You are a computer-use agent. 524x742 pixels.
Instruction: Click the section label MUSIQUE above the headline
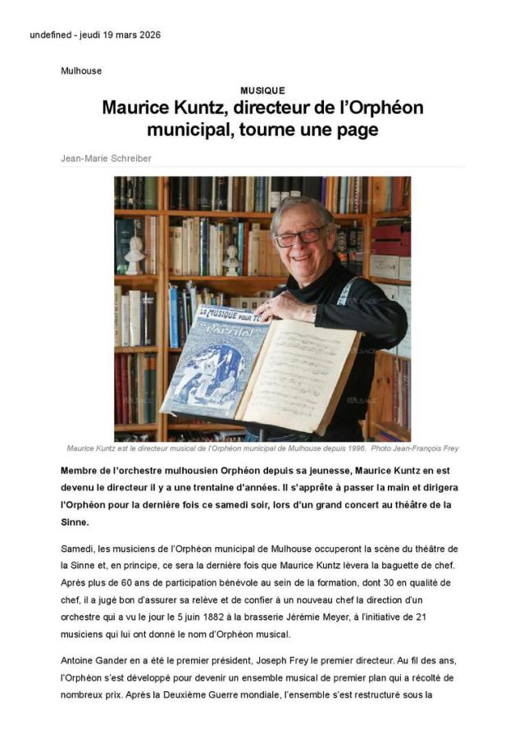tap(262, 91)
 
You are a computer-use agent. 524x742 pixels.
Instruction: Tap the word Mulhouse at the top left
tap(81, 71)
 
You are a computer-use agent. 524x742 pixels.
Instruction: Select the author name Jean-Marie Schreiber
tap(106, 157)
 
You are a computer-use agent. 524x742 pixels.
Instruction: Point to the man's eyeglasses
tap(300, 236)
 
